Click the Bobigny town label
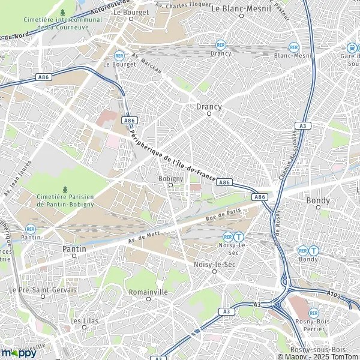tap(170, 178)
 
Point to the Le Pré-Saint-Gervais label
tap(43, 290)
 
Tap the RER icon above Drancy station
tap(221, 44)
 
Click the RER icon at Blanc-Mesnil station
tap(293, 46)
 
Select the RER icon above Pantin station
tap(31, 229)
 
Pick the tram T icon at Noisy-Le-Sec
tap(239, 237)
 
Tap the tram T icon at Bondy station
tap(314, 250)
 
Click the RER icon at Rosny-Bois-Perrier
tap(314, 313)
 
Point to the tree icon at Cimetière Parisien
tap(65, 189)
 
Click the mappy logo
tap(20, 352)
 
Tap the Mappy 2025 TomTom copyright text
tap(307, 356)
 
